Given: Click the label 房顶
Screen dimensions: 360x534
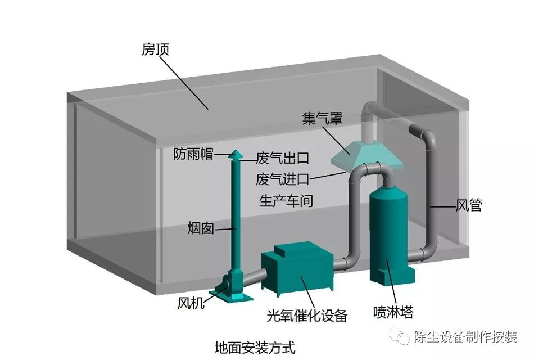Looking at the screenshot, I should (x=156, y=50).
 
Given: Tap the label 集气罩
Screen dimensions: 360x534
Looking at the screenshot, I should (x=322, y=119).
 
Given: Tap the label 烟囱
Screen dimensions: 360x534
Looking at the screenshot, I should (x=201, y=228).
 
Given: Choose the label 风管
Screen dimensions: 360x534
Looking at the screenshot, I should (x=468, y=206).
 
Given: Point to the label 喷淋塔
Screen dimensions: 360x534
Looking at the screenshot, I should (x=393, y=311).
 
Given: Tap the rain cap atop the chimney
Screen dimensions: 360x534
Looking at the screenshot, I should (x=237, y=154).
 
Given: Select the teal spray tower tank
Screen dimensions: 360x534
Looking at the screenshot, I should (x=392, y=236).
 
